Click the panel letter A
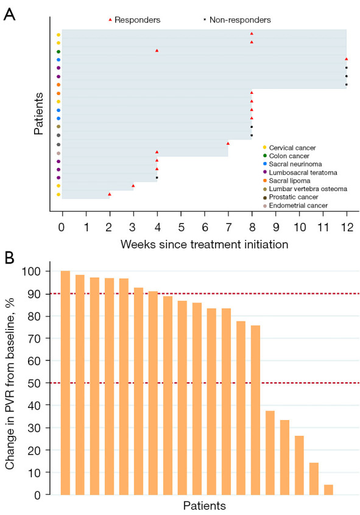[9, 14]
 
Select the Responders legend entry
[135, 20]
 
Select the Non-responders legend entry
[237, 20]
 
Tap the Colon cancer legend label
[289, 156]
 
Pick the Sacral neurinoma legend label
[295, 164]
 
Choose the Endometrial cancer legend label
[298, 206]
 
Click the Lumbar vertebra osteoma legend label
[308, 189]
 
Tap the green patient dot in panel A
[58, 52]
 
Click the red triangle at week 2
[110, 194]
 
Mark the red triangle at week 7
[228, 144]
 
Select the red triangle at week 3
[133, 186]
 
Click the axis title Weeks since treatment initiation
[204, 244]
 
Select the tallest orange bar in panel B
[65, 383]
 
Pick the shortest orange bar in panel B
[328, 489]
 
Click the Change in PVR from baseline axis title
[10, 384]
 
